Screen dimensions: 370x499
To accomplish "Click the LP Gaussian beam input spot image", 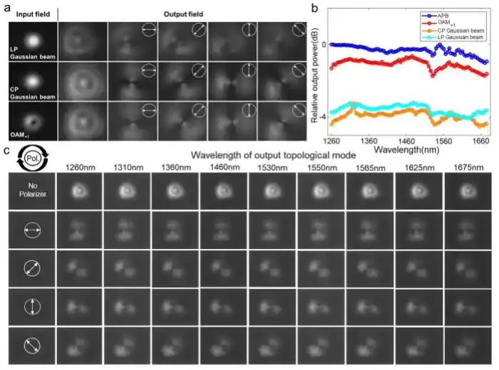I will (x=32, y=38).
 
